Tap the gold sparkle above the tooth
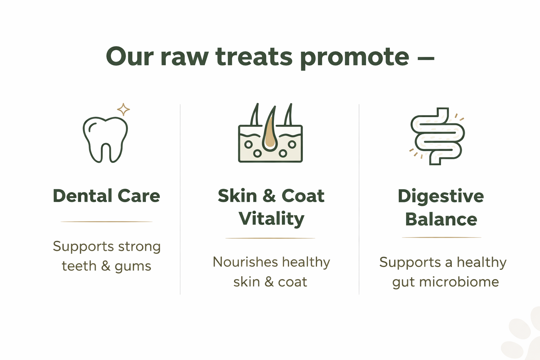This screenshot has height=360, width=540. [x=123, y=109]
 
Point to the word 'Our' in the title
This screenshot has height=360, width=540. [x=130, y=56]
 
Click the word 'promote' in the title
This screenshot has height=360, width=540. [x=355, y=58]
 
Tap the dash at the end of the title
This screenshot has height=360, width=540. [x=426, y=58]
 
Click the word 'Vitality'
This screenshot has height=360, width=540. [x=271, y=219]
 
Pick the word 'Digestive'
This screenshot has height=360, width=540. [x=441, y=197]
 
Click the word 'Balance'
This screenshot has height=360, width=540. [x=441, y=219]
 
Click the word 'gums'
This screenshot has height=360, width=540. [x=133, y=267]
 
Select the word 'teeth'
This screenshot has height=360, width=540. [x=79, y=266]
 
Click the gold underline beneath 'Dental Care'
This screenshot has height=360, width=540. [x=107, y=221]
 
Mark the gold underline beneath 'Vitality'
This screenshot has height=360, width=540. [x=270, y=238]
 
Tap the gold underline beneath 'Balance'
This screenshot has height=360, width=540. [x=442, y=238]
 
